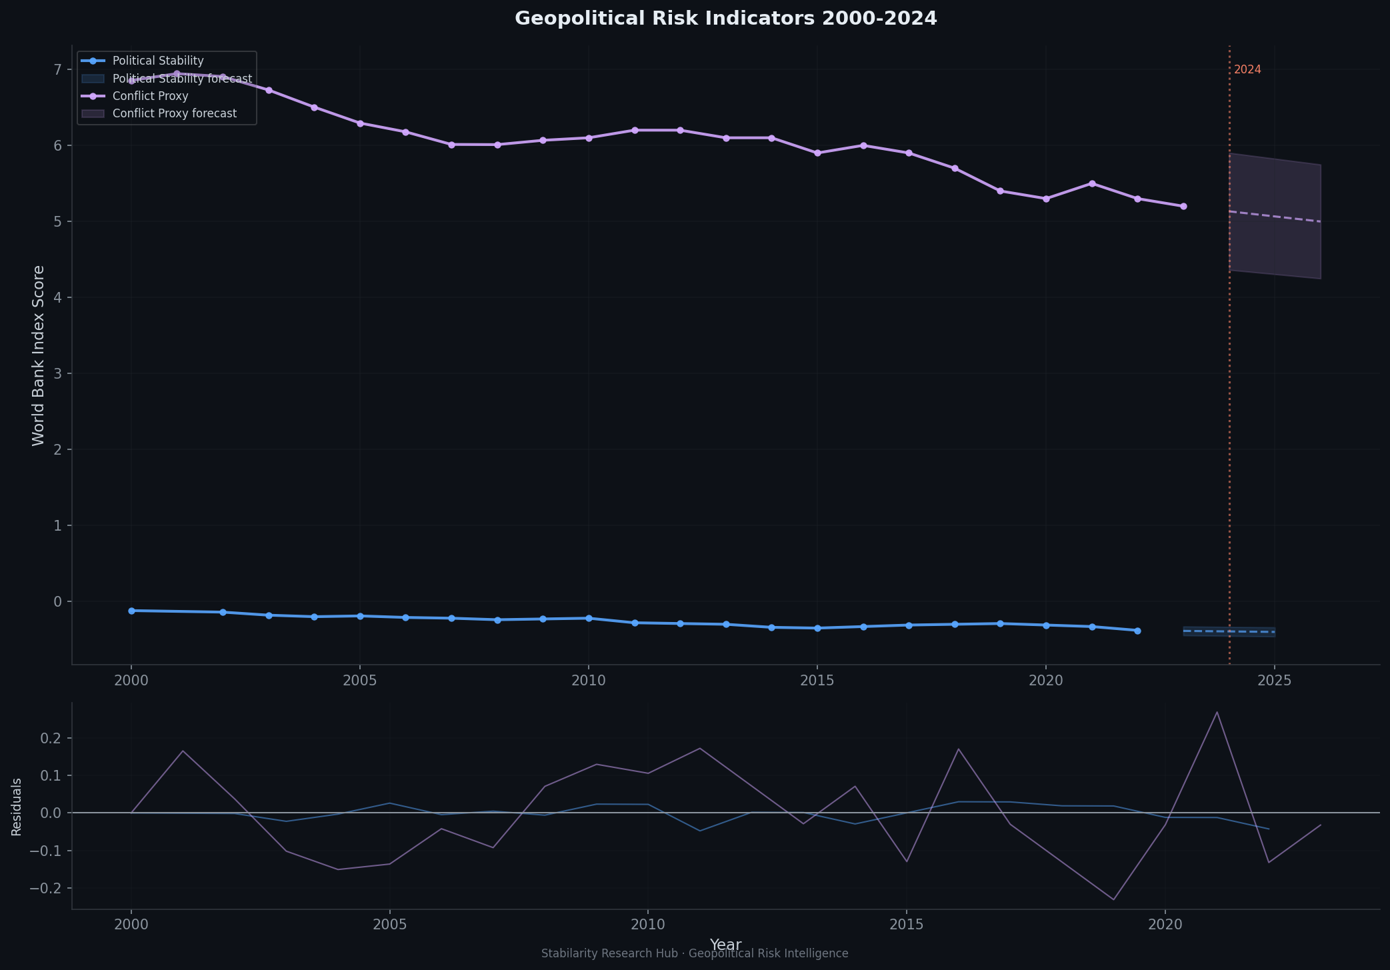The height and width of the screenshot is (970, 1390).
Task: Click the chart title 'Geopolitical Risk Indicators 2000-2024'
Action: [725, 19]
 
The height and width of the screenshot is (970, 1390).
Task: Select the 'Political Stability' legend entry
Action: [158, 61]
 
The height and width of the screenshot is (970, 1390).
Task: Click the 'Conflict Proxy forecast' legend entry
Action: [174, 113]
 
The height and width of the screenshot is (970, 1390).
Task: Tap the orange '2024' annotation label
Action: [1247, 69]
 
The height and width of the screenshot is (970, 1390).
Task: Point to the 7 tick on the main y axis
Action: [57, 69]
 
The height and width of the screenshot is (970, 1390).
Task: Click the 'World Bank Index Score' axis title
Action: [38, 355]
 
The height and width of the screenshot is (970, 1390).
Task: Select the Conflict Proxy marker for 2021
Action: [1092, 183]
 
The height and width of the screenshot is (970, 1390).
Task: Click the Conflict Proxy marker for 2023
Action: [1183, 206]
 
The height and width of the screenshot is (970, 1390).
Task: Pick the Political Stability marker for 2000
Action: [131, 611]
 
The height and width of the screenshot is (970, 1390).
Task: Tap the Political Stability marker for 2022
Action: [1137, 631]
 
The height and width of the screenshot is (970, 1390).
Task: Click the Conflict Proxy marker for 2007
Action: [451, 145]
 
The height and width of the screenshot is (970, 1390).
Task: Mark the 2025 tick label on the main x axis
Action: [1274, 681]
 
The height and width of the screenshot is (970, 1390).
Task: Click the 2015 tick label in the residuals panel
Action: [906, 925]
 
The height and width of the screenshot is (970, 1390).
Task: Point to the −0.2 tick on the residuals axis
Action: [46, 888]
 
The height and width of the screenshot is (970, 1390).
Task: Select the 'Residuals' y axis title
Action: [17, 807]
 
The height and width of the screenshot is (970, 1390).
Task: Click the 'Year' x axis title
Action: [725, 945]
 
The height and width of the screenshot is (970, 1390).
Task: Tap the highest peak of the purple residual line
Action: [1217, 712]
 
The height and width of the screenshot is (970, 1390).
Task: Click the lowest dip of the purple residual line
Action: [1113, 899]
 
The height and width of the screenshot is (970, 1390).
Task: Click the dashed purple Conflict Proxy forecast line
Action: [1274, 216]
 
